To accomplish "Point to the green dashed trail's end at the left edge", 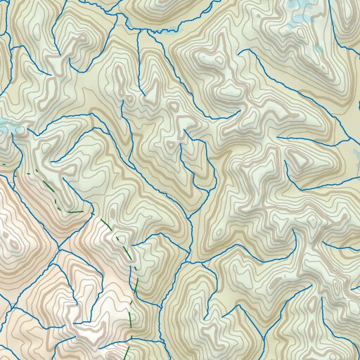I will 1,164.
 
